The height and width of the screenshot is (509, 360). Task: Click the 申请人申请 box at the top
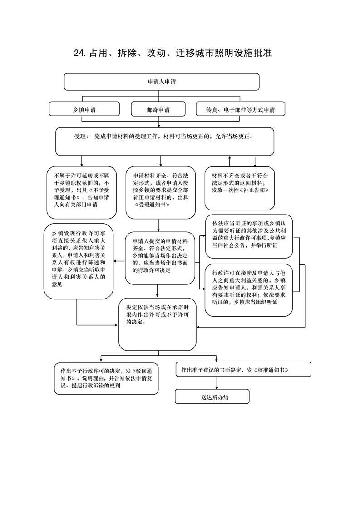162,82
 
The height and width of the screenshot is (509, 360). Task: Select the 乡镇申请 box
84,109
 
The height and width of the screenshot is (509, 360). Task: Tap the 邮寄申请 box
158,109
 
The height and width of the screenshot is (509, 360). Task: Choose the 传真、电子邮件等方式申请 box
241,109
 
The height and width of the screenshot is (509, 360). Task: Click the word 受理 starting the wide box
80,137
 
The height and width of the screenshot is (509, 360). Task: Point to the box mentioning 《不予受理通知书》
82,192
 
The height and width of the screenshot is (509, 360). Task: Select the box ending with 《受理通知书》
161,192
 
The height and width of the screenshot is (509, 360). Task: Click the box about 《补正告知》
239,188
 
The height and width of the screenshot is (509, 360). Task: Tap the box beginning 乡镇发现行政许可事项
79,261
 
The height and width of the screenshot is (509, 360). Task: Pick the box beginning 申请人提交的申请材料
160,258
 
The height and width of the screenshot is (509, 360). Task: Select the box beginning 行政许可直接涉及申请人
249,290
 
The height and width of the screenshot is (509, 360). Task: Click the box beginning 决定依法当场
158,324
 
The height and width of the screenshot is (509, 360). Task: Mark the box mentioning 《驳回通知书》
106,378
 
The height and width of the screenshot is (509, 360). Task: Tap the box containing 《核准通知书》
243,369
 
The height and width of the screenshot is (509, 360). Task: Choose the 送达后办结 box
212,396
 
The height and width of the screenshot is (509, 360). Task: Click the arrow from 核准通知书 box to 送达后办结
217,383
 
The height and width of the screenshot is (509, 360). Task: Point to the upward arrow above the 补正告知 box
230,162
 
